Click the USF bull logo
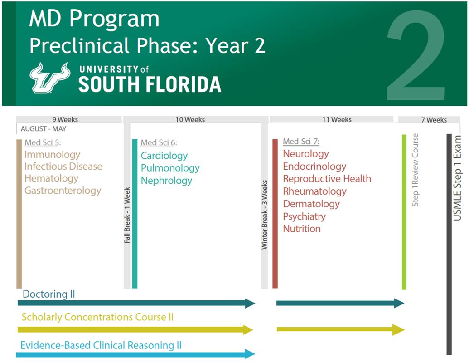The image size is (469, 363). click(x=50, y=78)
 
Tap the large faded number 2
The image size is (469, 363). click(x=416, y=56)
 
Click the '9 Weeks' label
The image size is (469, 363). click(x=65, y=119)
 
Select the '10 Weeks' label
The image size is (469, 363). click(x=190, y=119)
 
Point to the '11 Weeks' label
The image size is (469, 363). click(x=337, y=119)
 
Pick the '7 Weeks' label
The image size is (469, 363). click(x=434, y=120)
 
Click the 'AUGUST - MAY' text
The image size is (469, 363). click(x=44, y=129)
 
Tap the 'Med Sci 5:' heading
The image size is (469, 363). click(x=43, y=142)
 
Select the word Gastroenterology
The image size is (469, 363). click(x=63, y=191)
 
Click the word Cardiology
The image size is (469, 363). click(x=164, y=156)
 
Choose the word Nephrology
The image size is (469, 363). click(x=167, y=181)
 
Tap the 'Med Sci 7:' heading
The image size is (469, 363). click(x=301, y=142)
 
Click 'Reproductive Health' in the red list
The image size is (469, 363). click(x=327, y=179)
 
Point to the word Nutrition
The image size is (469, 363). click(x=302, y=229)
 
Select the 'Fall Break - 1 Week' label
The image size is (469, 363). click(x=127, y=215)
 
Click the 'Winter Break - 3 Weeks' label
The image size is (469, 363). click(x=265, y=215)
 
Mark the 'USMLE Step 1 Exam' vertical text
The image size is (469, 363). click(x=457, y=178)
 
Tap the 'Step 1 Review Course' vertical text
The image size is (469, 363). click(x=415, y=170)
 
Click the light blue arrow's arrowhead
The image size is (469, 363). click(x=250, y=354)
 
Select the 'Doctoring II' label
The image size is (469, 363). click(x=49, y=294)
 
